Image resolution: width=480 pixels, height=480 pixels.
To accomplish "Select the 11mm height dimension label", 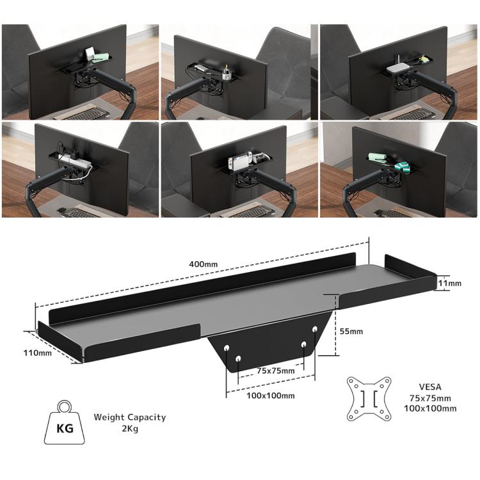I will click(x=450, y=282).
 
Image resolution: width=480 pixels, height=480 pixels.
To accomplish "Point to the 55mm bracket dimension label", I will click(x=351, y=332).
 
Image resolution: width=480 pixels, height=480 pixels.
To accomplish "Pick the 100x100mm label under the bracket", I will click(x=271, y=396).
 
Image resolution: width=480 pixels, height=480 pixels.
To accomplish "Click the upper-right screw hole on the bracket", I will click(x=315, y=329).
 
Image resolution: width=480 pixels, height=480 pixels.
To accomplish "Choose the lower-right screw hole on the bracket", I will click(x=304, y=344).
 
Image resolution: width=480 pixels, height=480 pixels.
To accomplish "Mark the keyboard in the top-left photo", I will click(x=86, y=114).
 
